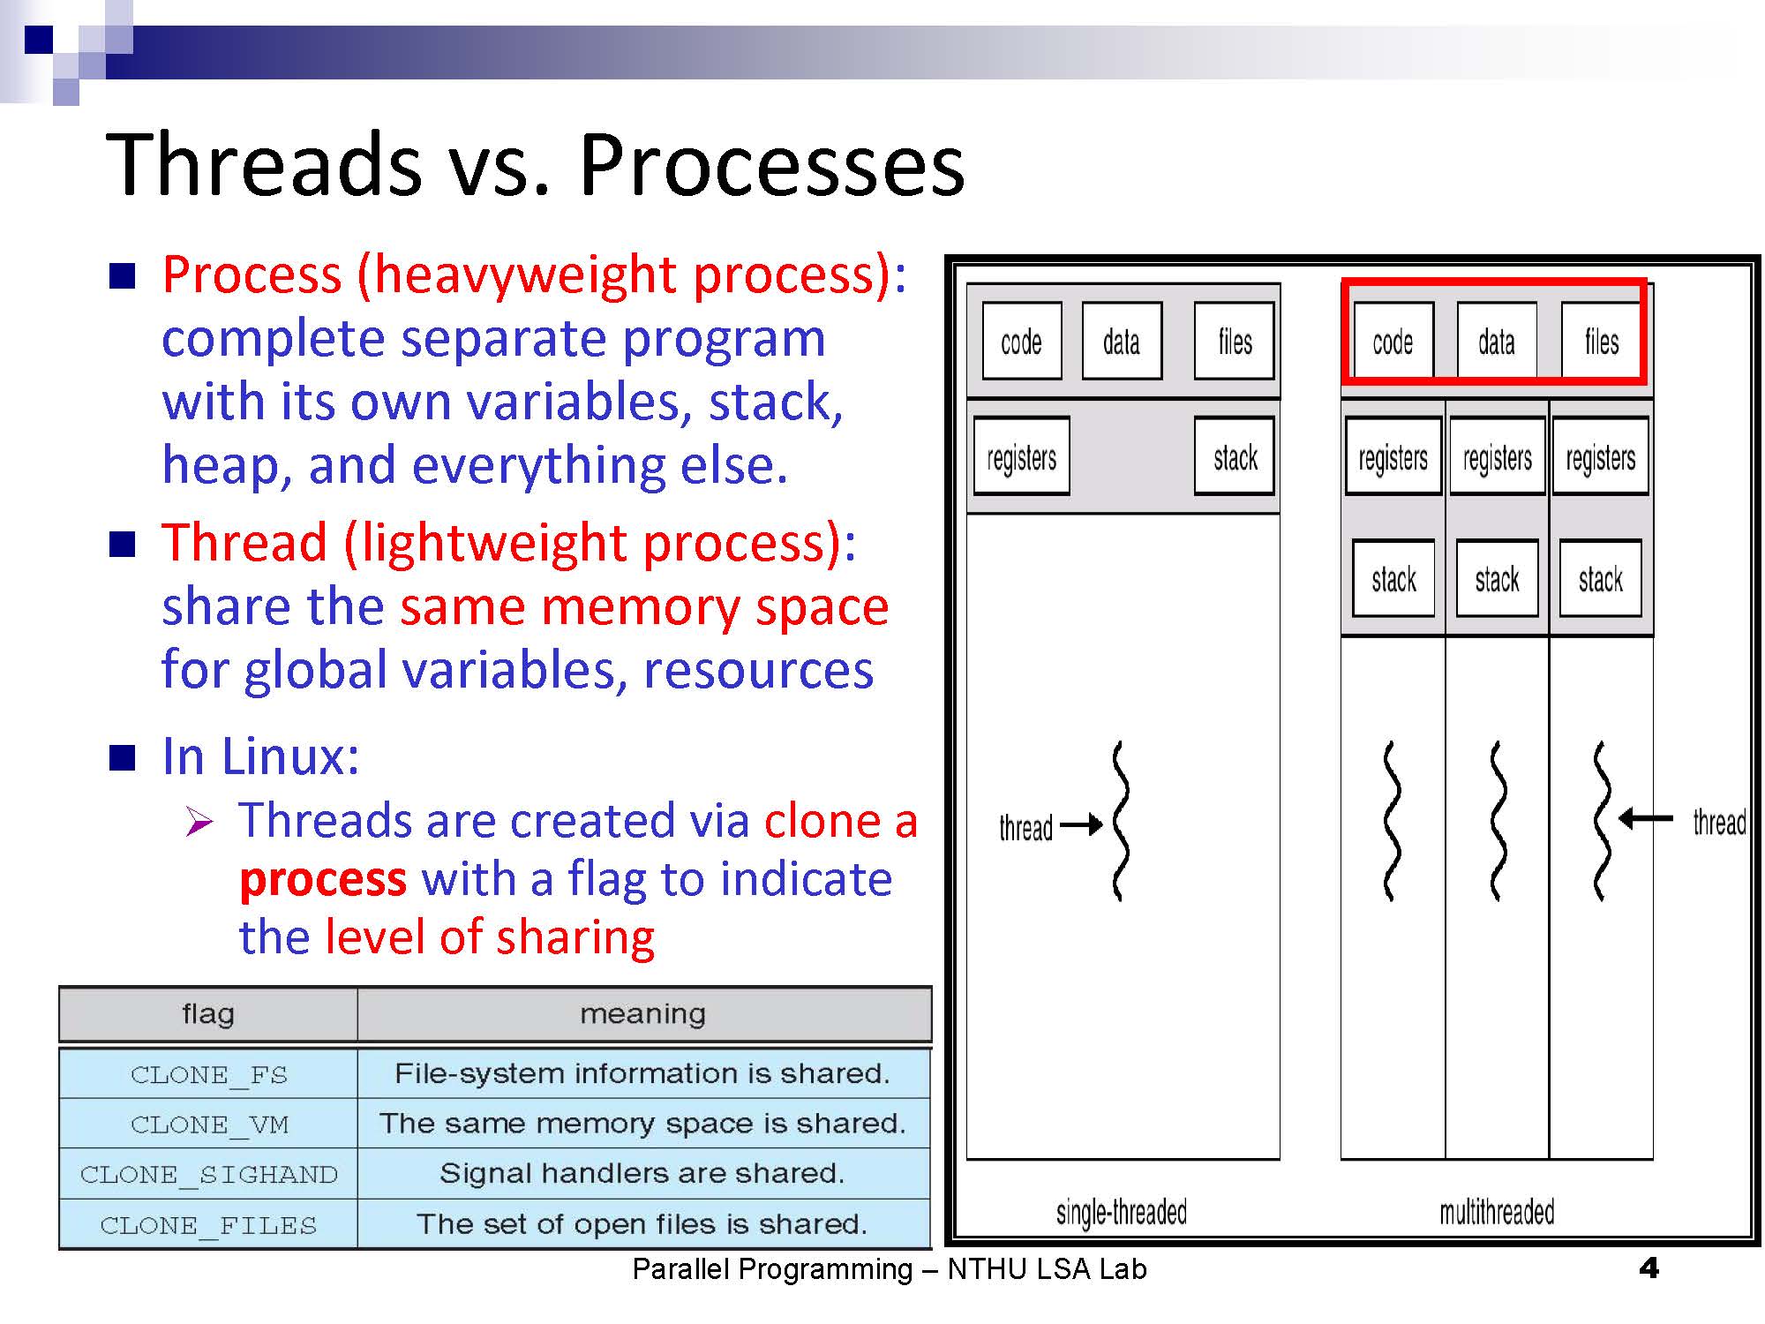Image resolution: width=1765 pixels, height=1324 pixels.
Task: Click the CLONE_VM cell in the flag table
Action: coord(209,1124)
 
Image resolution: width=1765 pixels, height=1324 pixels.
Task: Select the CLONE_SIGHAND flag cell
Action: coord(209,1174)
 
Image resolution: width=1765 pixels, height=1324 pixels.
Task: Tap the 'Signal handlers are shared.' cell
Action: coord(642,1173)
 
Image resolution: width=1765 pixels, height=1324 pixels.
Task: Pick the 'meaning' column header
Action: coord(642,1014)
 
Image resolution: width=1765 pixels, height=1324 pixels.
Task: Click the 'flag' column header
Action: coord(208,1014)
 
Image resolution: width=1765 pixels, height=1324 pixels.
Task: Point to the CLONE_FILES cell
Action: coord(209,1224)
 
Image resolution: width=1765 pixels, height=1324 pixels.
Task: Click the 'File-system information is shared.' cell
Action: coord(642,1073)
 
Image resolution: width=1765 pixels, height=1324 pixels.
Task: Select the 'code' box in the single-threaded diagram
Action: coord(1021,342)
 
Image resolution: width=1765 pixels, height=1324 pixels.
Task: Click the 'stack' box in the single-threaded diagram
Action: coord(1235,457)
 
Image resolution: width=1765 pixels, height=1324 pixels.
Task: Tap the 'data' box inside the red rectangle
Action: coord(1497,342)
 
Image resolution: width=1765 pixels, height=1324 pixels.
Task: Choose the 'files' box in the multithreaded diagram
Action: coord(1601,342)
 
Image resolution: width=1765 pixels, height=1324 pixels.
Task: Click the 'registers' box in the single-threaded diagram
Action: coord(1021,457)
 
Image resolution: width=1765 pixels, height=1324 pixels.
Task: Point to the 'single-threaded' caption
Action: coord(1121,1213)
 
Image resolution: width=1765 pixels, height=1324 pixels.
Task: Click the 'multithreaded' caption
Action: coord(1497,1213)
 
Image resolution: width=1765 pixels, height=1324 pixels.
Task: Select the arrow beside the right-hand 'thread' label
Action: coord(1647,819)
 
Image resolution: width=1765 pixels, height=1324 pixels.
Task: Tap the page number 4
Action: coord(1648,1268)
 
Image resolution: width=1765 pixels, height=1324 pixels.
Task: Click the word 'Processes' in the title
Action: coord(771,165)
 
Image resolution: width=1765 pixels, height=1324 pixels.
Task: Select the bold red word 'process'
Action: coord(323,879)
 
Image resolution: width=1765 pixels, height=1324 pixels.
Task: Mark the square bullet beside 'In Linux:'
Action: coord(122,757)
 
